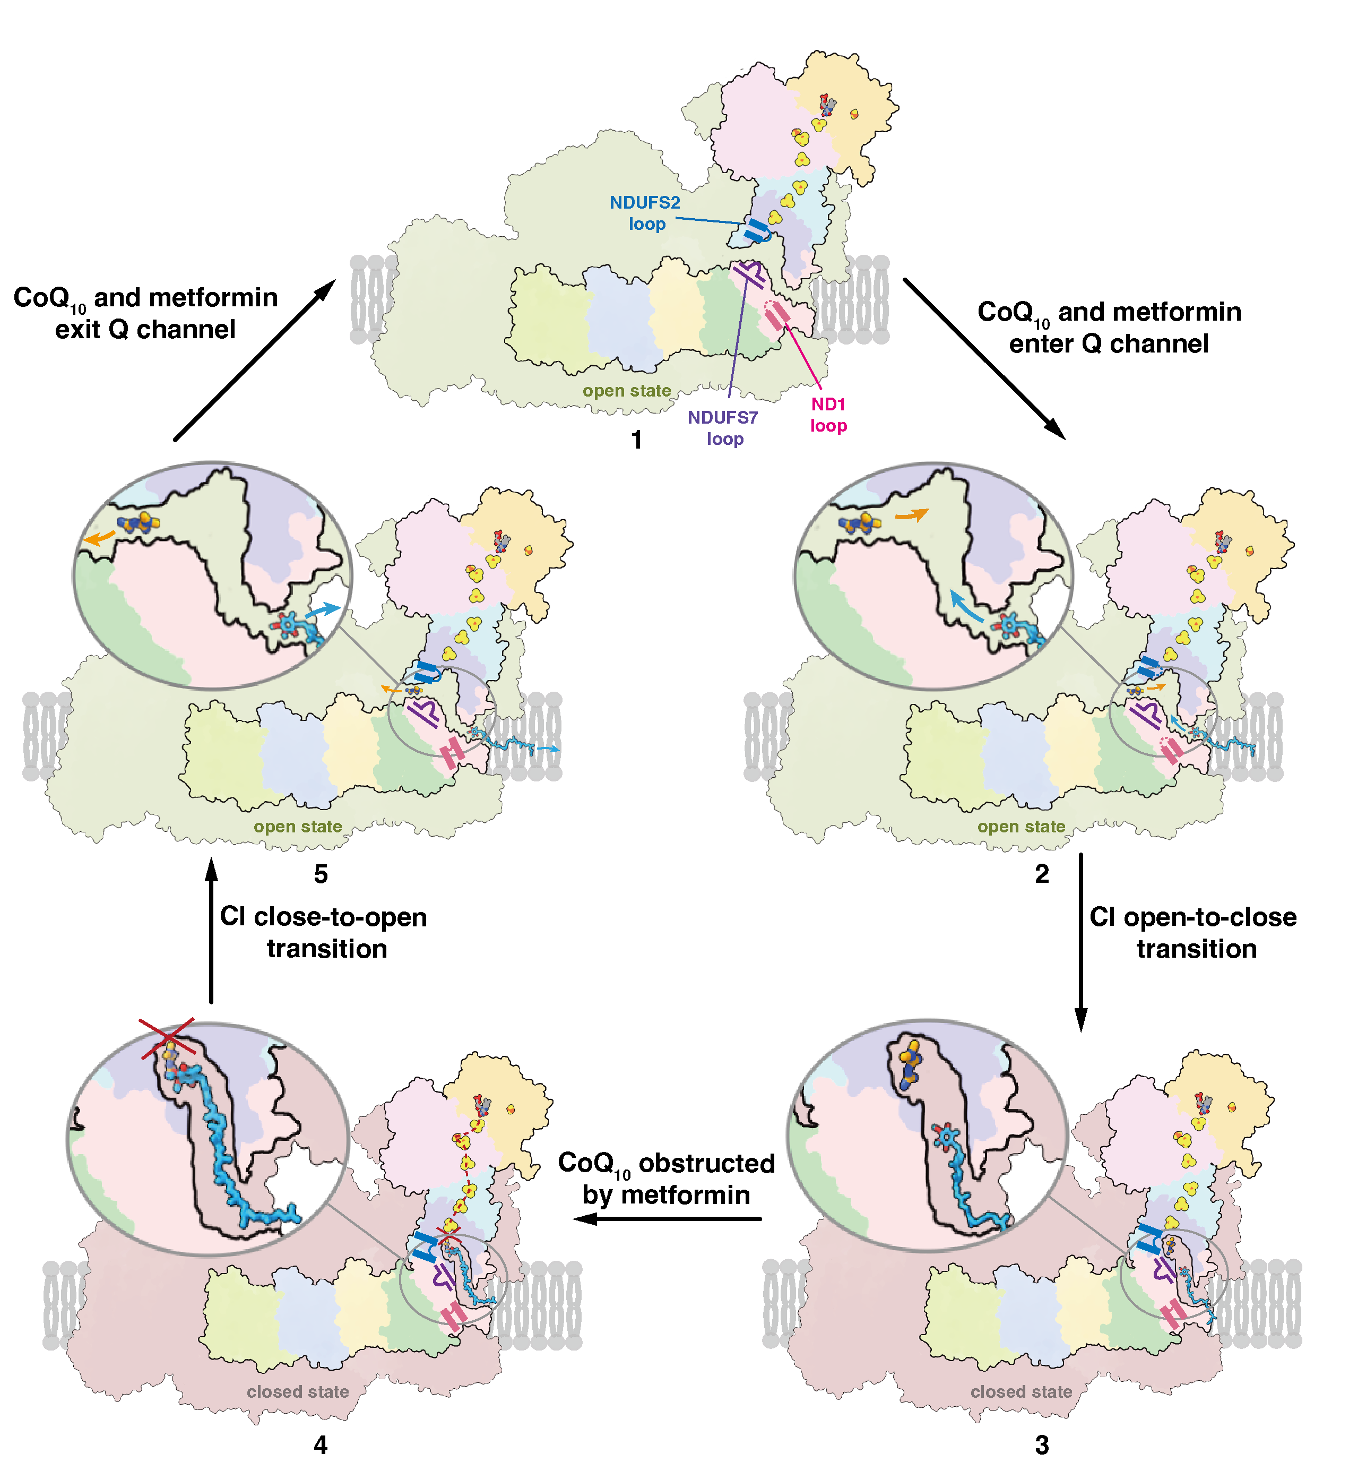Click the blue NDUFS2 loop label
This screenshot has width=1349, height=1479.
point(645,213)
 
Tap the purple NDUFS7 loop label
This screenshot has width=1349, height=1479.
point(723,428)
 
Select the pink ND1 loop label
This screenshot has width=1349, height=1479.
point(828,415)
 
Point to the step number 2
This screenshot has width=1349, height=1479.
point(1042,874)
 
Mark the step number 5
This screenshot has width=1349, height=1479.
point(321,874)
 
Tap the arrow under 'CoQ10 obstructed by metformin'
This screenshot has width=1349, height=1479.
point(668,1219)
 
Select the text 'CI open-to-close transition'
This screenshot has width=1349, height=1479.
point(1194,932)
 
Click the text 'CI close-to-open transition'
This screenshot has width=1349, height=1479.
point(324,932)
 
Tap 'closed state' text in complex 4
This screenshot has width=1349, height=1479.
point(298,1392)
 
